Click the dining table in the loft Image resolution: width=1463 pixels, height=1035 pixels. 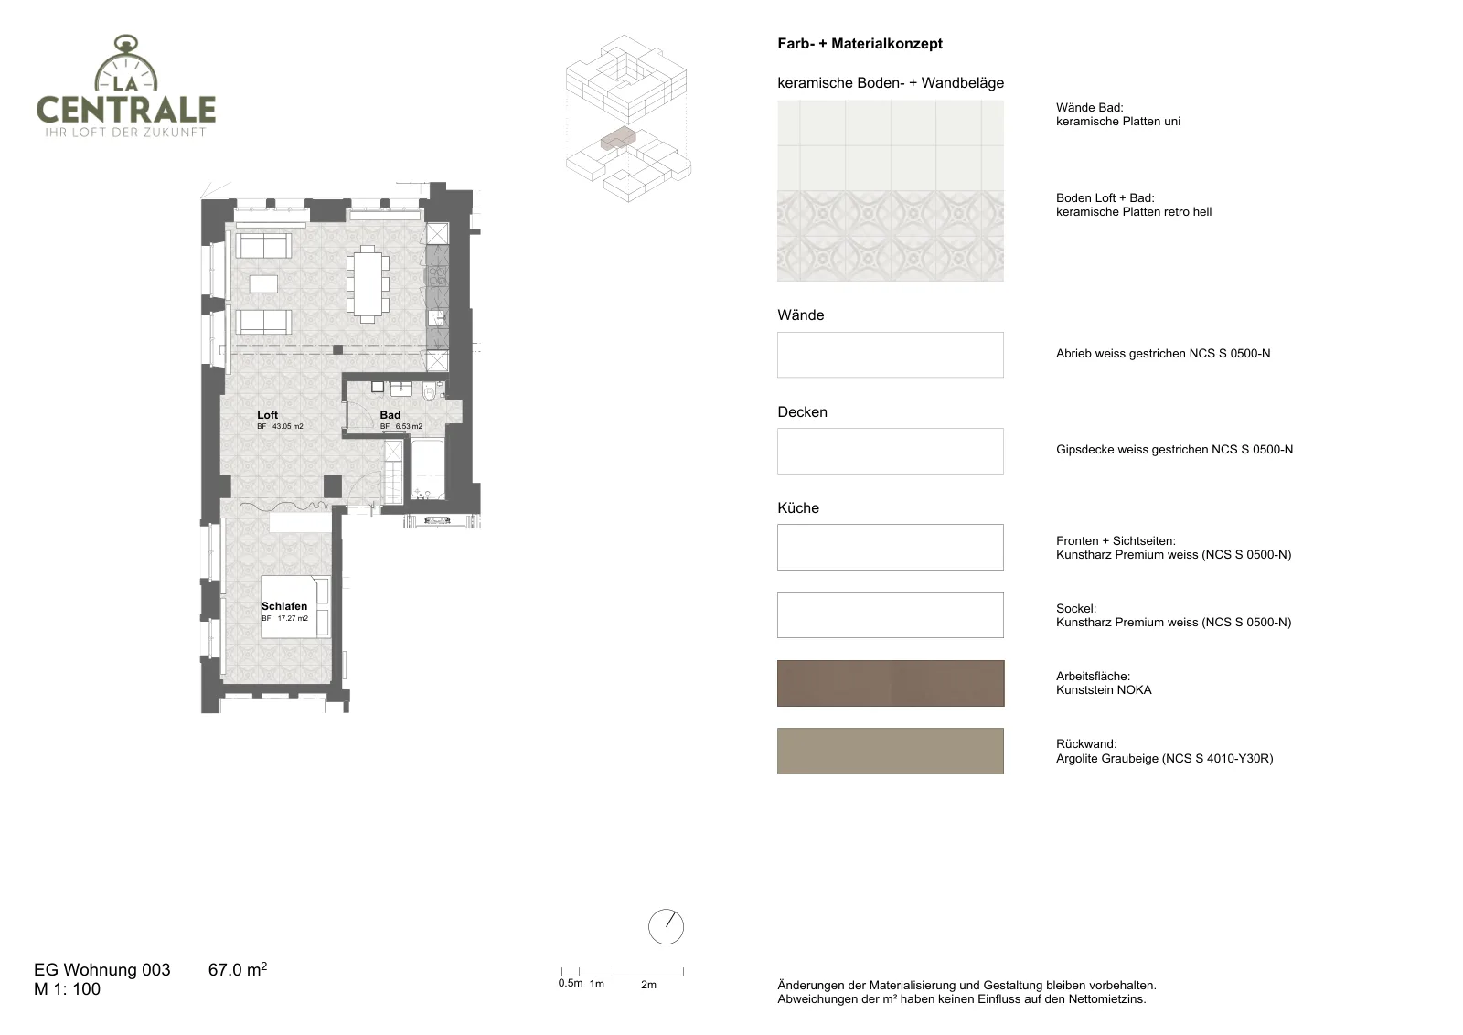(368, 284)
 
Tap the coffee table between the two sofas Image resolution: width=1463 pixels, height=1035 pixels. (263, 284)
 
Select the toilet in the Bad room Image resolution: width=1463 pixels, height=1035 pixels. (429, 391)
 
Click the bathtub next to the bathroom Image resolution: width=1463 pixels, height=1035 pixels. (428, 469)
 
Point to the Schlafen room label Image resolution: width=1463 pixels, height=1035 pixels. (284, 606)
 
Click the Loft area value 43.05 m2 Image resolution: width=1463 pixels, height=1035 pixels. (287, 426)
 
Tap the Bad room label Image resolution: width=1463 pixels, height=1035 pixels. (390, 415)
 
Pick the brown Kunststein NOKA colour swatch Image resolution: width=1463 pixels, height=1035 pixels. (891, 683)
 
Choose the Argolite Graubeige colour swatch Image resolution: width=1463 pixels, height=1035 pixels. (891, 751)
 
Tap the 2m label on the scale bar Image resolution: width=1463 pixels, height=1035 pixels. (648, 985)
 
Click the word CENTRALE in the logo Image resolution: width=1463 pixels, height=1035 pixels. (126, 110)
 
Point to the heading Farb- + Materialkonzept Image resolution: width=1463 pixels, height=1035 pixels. (860, 44)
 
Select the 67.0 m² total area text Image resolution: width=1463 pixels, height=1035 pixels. (238, 969)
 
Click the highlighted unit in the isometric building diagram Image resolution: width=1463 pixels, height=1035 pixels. (618, 138)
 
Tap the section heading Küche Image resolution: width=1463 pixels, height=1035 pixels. (798, 508)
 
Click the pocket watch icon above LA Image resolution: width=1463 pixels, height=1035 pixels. (127, 63)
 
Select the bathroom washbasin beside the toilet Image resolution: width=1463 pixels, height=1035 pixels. (401, 389)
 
